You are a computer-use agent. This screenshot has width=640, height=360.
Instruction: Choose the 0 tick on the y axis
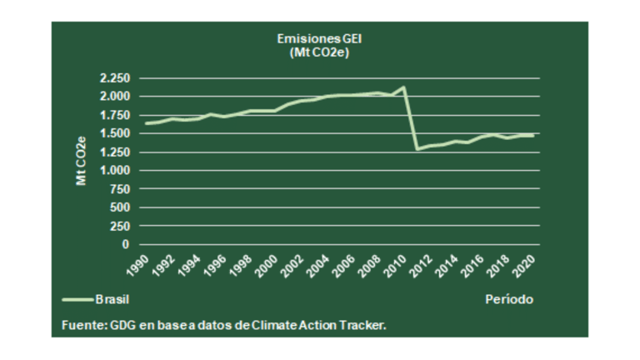pyautogui.click(x=125, y=245)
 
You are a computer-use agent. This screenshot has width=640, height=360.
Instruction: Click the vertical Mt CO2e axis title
pyautogui.click(x=81, y=160)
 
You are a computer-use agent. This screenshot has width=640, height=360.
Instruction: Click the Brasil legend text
pyautogui.click(x=112, y=298)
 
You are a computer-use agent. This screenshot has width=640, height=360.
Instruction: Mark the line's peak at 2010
pyautogui.click(x=404, y=87)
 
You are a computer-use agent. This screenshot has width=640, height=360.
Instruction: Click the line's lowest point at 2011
pyautogui.click(x=417, y=149)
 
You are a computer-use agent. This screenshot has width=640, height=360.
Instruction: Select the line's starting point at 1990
pyautogui.click(x=146, y=123)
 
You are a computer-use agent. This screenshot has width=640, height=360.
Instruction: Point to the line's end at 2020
pyautogui.click(x=533, y=135)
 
